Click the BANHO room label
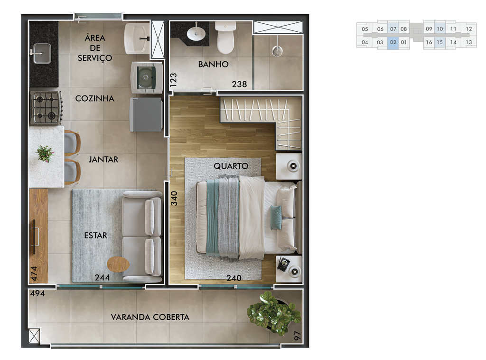pyautogui.click(x=213, y=64)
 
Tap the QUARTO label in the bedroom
pyautogui.click(x=231, y=166)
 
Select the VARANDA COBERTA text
pyautogui.click(x=150, y=317)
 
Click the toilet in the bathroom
pyautogui.click(x=225, y=38)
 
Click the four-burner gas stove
pyautogui.click(x=46, y=108)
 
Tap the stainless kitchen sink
pyautogui.click(x=42, y=53)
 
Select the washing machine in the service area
pyautogui.click(x=147, y=77)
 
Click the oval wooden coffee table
pyautogui.click(x=118, y=265)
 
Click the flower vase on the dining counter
pyautogui.click(x=45, y=153)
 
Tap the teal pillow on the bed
pyautogui.click(x=276, y=217)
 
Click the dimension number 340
pyautogui.click(x=174, y=199)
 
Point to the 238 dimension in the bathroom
pyautogui.click(x=239, y=84)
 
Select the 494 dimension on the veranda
pyautogui.click(x=37, y=294)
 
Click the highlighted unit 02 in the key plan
pyautogui.click(x=393, y=42)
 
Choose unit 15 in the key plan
pyautogui.click(x=439, y=42)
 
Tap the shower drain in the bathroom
pyautogui.click(x=277, y=51)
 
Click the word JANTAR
pyautogui.click(x=103, y=160)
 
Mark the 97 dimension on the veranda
pyautogui.click(x=297, y=336)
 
